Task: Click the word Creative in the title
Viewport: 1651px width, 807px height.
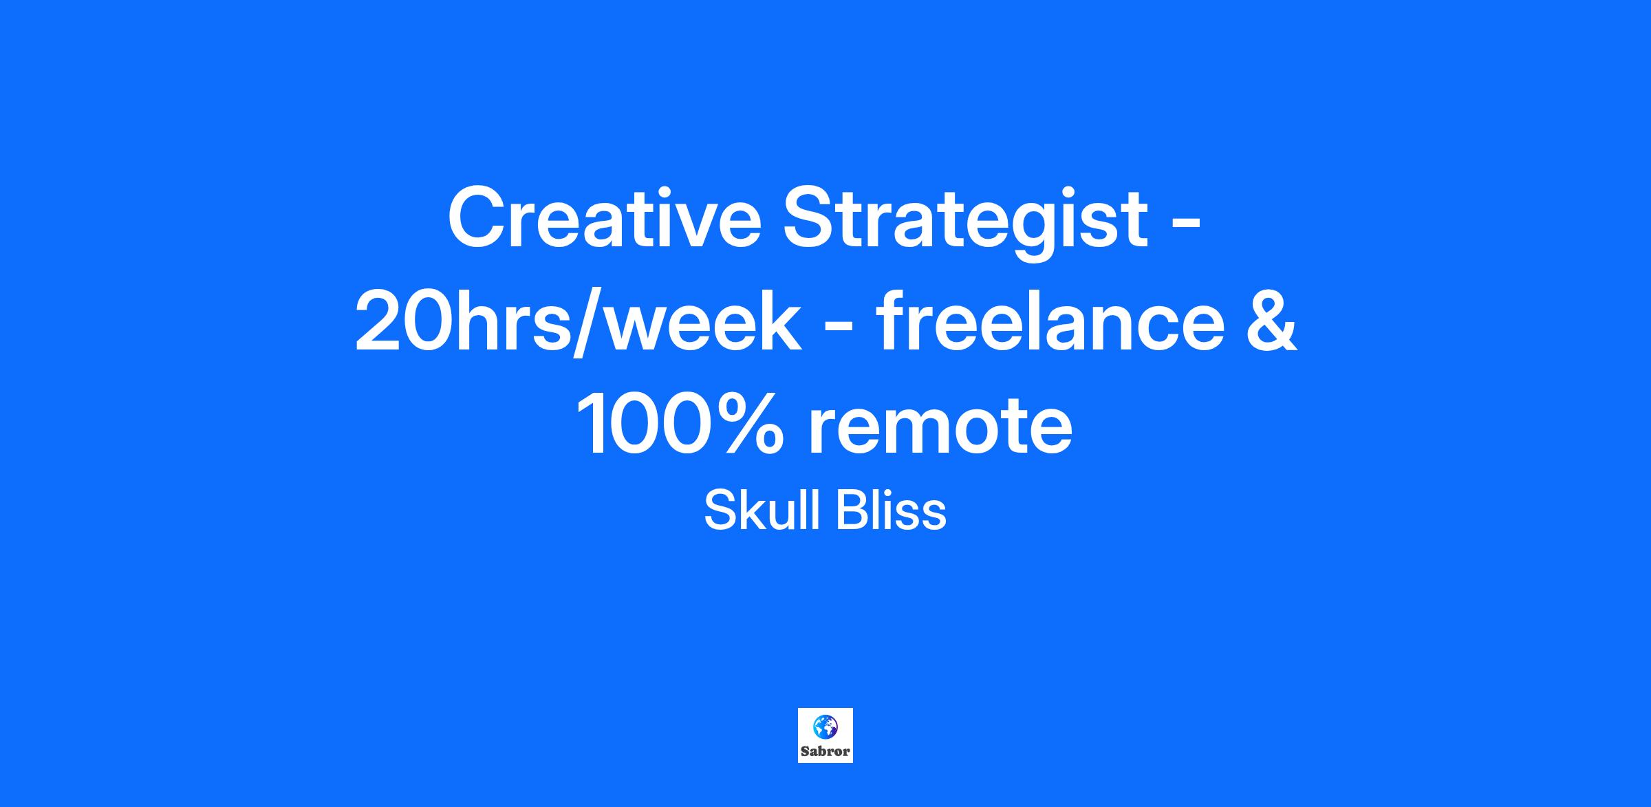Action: click(605, 217)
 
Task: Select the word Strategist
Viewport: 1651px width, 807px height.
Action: click(966, 223)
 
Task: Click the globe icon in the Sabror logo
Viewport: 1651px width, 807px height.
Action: click(824, 727)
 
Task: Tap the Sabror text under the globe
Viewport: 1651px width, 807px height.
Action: click(825, 751)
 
